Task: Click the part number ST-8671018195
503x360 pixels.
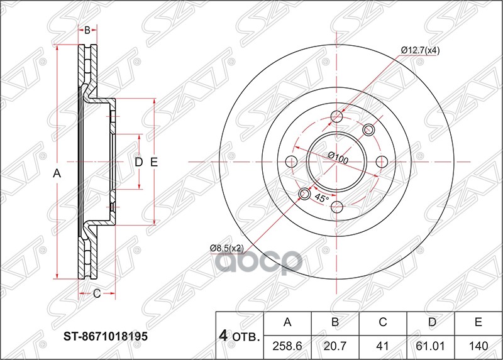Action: click(106, 336)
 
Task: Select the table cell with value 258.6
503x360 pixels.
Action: click(287, 346)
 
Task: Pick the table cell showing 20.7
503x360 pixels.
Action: click(335, 346)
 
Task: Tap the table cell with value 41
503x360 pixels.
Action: click(383, 346)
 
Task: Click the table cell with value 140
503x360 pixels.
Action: click(478, 346)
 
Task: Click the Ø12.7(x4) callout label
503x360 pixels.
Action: click(420, 50)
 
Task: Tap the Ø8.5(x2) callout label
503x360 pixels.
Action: click(227, 248)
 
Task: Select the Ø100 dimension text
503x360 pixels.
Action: click(338, 158)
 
